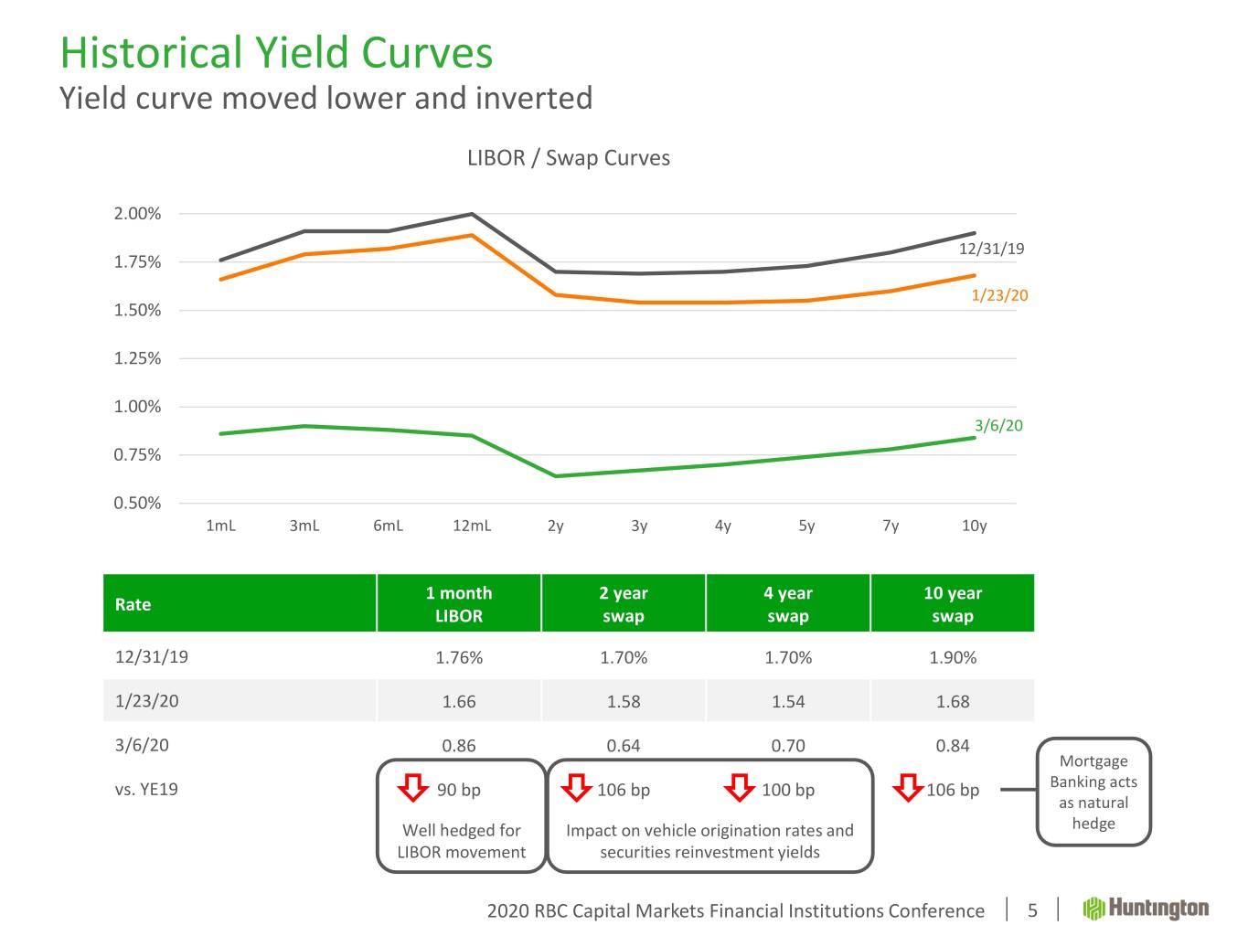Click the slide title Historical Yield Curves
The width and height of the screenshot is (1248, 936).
(x=276, y=53)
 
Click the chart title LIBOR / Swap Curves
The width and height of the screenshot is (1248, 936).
(x=568, y=158)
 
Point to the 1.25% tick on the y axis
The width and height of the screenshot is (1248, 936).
(x=137, y=358)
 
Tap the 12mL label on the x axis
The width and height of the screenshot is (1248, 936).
(x=472, y=526)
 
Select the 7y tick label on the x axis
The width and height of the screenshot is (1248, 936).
(x=891, y=526)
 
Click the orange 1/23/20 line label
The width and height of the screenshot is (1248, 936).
(x=999, y=295)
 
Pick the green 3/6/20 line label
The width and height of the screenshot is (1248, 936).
(x=998, y=426)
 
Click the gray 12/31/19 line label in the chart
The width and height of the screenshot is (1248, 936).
(x=991, y=249)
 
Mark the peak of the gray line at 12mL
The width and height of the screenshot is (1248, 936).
(x=472, y=214)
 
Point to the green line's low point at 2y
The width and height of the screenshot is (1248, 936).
(x=556, y=475)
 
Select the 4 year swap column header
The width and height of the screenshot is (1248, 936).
(x=788, y=604)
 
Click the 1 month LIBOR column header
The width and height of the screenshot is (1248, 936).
(x=459, y=604)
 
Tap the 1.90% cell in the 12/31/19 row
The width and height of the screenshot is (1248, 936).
(x=953, y=657)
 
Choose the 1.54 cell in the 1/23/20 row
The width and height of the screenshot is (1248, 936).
(x=788, y=701)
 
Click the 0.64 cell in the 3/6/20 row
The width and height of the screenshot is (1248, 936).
(x=624, y=745)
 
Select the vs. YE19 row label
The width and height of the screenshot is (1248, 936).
(x=146, y=789)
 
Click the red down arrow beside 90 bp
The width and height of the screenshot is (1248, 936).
(x=413, y=787)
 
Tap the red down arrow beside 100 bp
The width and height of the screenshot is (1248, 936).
(x=739, y=787)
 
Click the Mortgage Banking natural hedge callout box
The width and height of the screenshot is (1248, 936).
(x=1093, y=792)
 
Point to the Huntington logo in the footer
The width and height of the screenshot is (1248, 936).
(x=1146, y=909)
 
